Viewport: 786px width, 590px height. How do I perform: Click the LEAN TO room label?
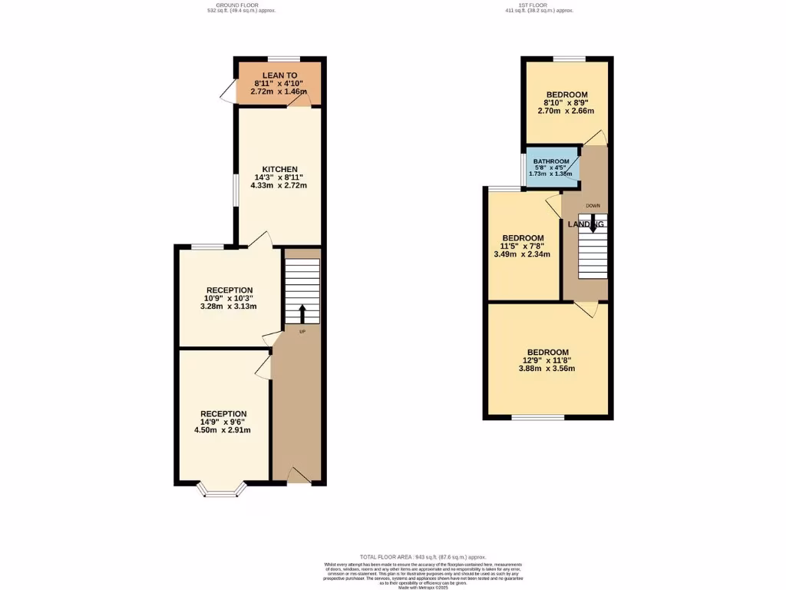[279, 75]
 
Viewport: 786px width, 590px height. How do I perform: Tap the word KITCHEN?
[279, 169]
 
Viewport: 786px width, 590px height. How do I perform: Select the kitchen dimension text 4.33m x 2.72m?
[279, 186]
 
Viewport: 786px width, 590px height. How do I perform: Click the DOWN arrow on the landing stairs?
[593, 224]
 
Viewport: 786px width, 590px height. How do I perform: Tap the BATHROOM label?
[551, 161]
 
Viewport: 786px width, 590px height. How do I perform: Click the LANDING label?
[586, 224]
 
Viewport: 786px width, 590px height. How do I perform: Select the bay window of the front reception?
[223, 489]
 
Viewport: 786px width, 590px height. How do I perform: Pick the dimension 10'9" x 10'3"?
[229, 298]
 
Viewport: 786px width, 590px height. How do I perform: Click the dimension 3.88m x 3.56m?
[548, 369]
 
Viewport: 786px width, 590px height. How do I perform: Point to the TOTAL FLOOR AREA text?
[423, 557]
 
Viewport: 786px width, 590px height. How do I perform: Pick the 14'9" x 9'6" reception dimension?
[223, 422]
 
